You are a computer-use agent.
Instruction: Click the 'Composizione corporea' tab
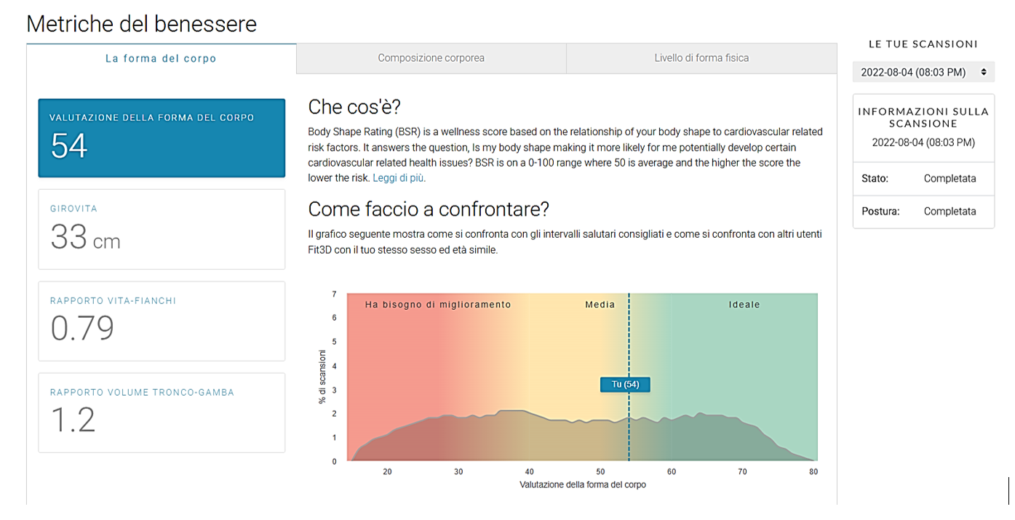click(431, 58)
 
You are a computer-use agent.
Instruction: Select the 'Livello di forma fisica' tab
click(701, 58)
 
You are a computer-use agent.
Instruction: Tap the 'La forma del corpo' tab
click(161, 58)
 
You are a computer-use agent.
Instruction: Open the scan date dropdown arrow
click(984, 72)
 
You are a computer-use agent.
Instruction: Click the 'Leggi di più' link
click(398, 178)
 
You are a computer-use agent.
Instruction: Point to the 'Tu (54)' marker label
click(625, 385)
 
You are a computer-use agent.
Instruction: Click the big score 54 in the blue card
click(69, 145)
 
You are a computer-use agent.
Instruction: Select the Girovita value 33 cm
click(85, 237)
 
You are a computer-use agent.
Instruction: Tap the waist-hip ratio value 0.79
click(82, 328)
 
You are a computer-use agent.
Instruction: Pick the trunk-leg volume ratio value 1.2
click(73, 420)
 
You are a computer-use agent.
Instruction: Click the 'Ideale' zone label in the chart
click(744, 305)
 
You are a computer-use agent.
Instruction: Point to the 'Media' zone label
click(600, 305)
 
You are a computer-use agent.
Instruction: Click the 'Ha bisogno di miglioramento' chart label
click(438, 305)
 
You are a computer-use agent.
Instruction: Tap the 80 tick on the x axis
click(813, 471)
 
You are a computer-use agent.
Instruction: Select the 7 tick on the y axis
click(335, 294)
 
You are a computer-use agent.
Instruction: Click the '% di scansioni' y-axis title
click(322, 377)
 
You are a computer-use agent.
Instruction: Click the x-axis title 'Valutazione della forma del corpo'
click(583, 484)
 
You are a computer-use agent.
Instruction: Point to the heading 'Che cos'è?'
click(354, 108)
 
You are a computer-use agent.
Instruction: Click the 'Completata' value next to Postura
click(950, 212)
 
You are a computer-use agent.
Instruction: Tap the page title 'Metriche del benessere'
click(141, 23)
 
